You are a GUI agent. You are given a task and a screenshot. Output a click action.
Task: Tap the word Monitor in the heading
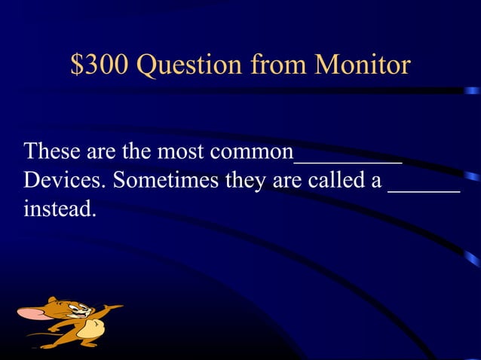point(363,66)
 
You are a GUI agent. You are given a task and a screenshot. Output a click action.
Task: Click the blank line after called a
point(423,191)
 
